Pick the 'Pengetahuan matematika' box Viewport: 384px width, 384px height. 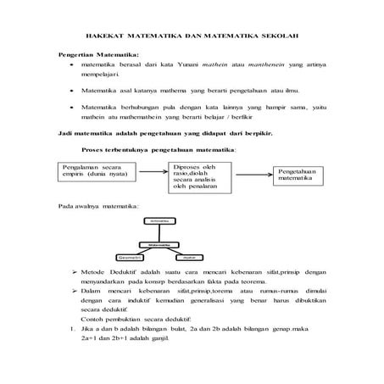click(297, 174)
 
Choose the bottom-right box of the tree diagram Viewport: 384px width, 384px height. click(190, 254)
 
